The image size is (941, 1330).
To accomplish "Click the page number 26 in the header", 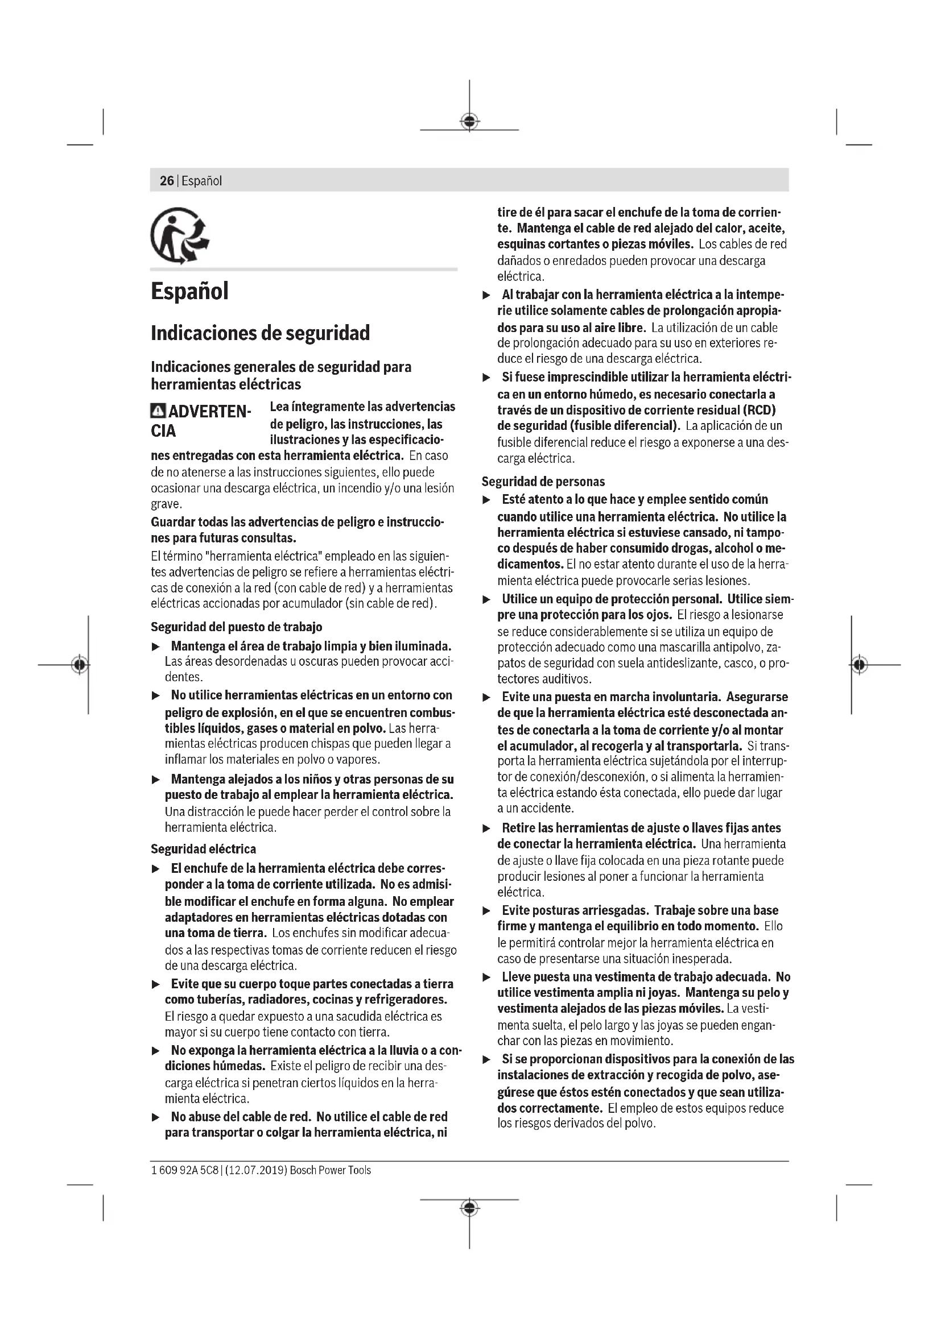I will tap(166, 181).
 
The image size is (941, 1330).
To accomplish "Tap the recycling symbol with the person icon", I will tap(179, 235).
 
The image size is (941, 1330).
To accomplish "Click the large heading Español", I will tap(189, 291).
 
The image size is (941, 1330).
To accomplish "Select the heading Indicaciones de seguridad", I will tap(260, 333).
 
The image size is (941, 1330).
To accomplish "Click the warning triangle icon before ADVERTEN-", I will tap(158, 411).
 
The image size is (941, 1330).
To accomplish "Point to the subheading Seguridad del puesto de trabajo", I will tap(237, 627).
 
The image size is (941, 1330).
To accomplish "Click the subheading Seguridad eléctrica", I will tap(203, 849).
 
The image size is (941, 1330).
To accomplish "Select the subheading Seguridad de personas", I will tap(543, 482).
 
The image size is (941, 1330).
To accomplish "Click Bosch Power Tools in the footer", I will tap(331, 1170).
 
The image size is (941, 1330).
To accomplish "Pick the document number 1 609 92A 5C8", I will tap(185, 1170).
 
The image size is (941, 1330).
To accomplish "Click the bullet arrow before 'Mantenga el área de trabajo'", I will tap(155, 647).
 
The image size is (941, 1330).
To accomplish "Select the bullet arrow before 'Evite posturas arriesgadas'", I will tap(487, 911).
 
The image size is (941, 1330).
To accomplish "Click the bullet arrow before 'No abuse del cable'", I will tap(155, 1117).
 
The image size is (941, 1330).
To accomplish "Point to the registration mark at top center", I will tap(469, 121).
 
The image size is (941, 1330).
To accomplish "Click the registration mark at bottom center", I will tap(469, 1208).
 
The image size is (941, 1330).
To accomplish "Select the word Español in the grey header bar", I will tap(201, 181).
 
